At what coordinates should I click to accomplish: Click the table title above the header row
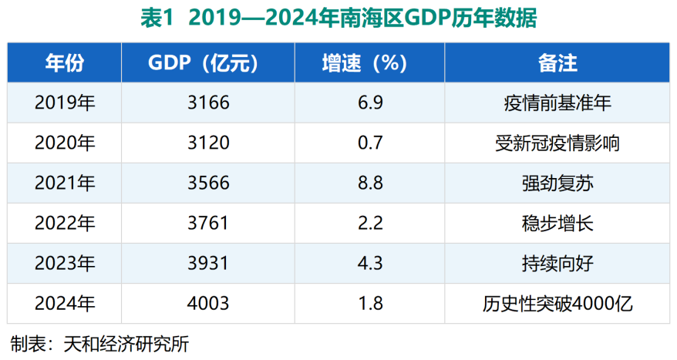coord(338,19)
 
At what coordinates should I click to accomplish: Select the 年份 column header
coord(65,62)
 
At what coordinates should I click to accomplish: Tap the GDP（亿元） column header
coord(208,62)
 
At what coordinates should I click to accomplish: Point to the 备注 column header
coord(556,62)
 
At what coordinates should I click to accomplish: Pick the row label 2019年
coord(65,103)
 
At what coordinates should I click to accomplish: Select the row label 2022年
coord(65,224)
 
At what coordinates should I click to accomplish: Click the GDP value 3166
coord(208,103)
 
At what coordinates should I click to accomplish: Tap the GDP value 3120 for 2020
coord(208,143)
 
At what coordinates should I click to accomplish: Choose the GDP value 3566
coord(208,183)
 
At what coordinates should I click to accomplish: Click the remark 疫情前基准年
coord(556,103)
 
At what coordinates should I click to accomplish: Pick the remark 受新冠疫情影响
coord(556,143)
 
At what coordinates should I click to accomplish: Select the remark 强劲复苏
coord(556,183)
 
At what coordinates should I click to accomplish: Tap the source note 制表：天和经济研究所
coord(99,344)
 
